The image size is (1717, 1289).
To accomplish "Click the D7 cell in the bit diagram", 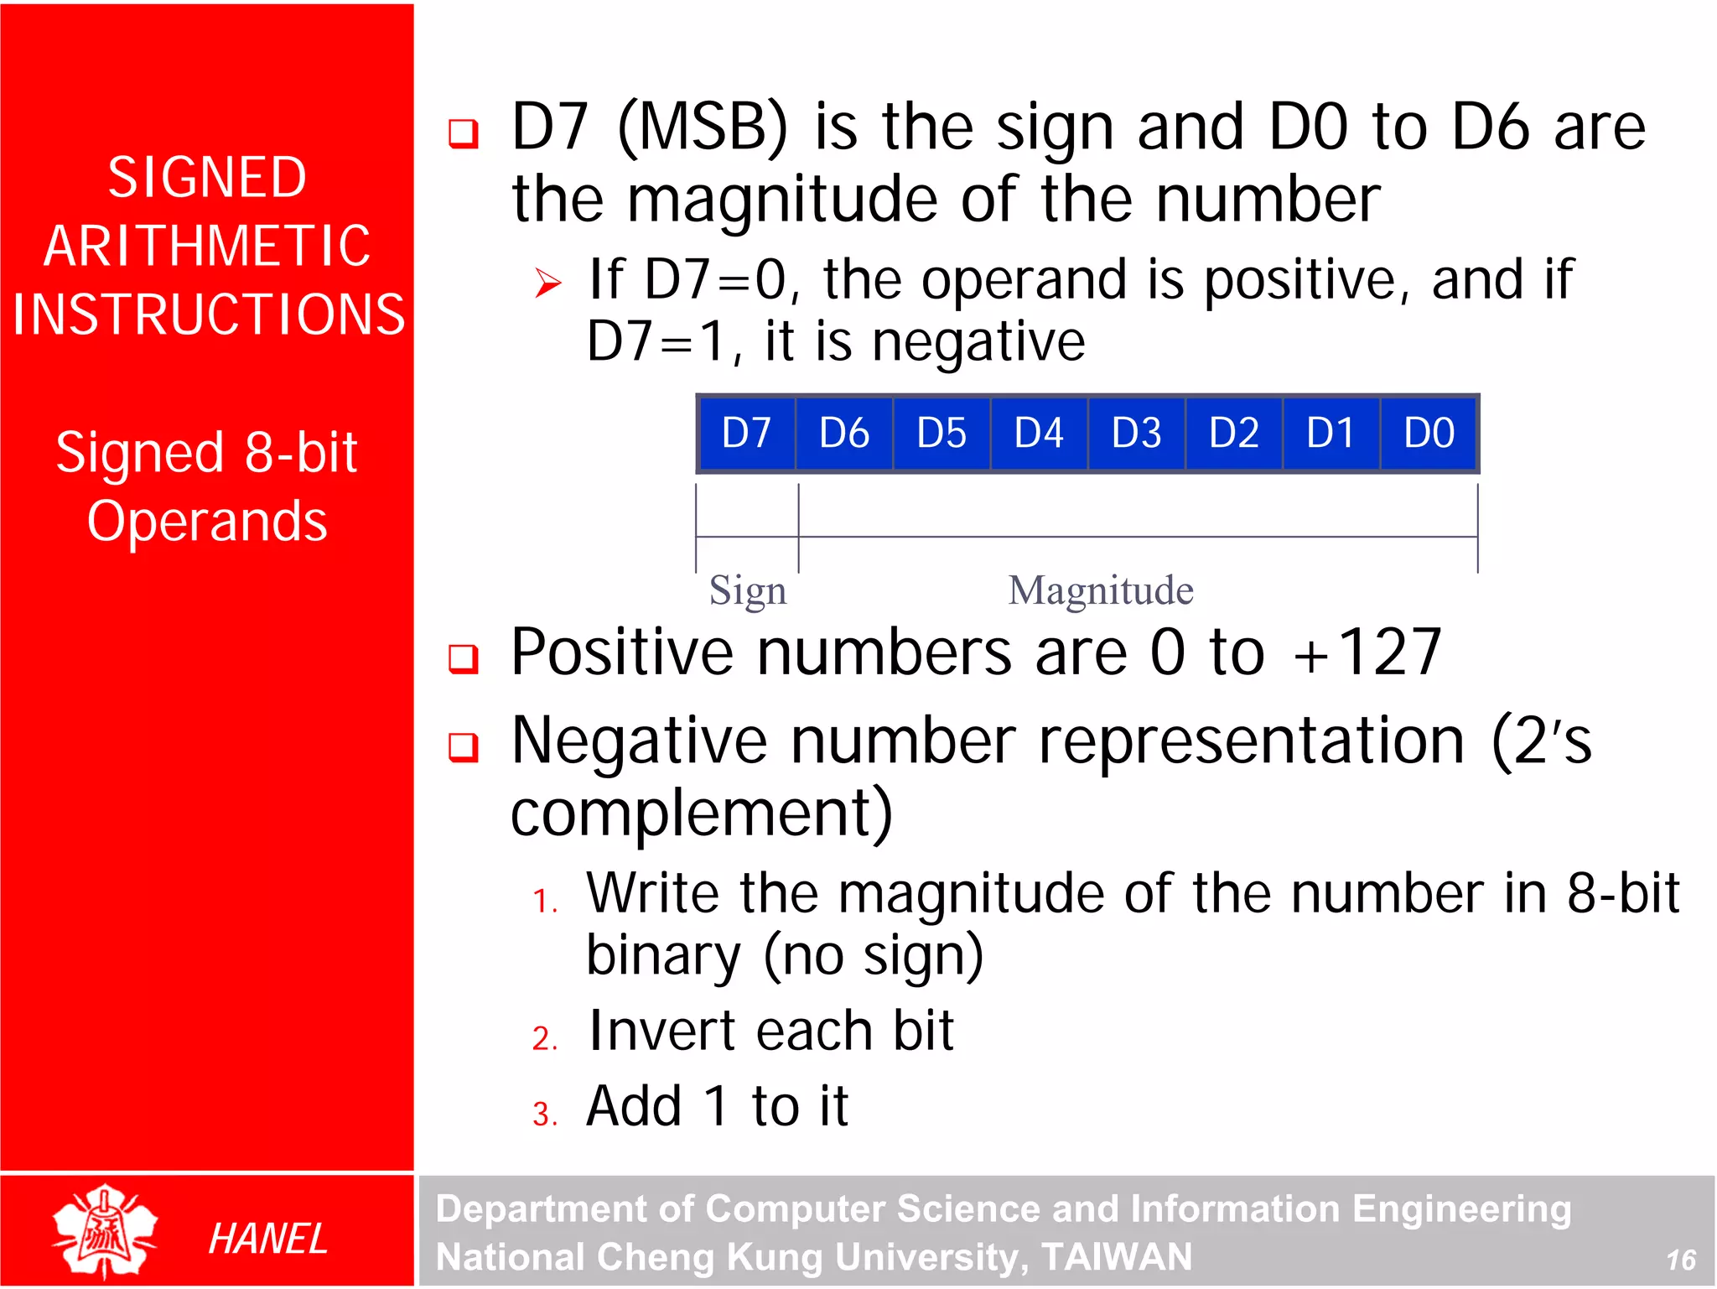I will tap(746, 433).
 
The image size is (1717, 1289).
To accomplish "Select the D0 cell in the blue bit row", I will tap(1429, 433).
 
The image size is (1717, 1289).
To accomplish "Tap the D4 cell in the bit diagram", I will tap(1039, 433).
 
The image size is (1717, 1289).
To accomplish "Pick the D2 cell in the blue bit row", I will tap(1233, 433).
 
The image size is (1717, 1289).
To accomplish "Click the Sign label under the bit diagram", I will tap(748, 591).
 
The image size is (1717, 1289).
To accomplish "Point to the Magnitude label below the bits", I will tap(1100, 590).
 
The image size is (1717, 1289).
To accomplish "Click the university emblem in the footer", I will tap(104, 1231).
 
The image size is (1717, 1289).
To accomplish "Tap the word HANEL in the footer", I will tap(267, 1239).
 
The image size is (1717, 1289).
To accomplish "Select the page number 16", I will tap(1680, 1260).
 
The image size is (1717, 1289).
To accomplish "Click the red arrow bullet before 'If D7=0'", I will tap(548, 283).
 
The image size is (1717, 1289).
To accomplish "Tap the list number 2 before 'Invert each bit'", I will tap(544, 1038).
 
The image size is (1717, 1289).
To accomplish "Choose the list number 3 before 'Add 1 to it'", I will tap(544, 1114).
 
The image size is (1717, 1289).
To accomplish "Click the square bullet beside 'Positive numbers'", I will tap(464, 658).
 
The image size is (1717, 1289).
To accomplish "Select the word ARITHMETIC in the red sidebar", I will tap(207, 246).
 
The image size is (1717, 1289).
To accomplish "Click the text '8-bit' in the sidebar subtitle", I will tap(301, 452).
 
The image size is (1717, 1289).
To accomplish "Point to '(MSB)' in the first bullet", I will tap(703, 127).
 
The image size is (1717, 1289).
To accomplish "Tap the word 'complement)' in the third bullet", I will tap(702, 813).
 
